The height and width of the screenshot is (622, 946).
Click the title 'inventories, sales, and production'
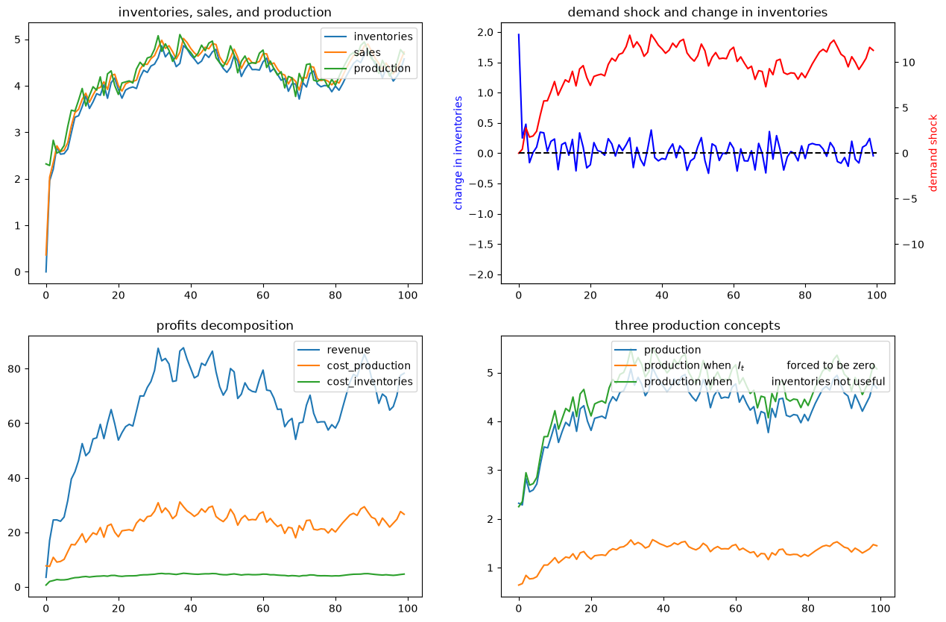[224, 12]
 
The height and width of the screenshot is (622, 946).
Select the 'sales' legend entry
[367, 52]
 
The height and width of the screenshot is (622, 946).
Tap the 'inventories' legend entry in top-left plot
[383, 37]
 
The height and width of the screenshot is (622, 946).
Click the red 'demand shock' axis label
[933, 153]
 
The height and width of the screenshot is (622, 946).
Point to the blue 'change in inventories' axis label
[458, 153]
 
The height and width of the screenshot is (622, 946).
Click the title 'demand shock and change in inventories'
[697, 12]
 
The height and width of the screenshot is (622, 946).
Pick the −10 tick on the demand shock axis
[913, 245]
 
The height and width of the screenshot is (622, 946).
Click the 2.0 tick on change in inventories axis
[485, 32]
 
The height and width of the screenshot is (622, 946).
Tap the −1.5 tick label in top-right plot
[481, 244]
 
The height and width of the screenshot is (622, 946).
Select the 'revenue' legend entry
[348, 350]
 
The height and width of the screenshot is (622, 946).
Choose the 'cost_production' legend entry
[369, 366]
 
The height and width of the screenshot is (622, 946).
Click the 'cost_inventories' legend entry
[370, 382]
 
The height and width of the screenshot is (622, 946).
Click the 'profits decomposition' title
[224, 325]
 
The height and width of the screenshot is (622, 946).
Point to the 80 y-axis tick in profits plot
[14, 369]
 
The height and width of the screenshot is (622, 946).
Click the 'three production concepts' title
[697, 325]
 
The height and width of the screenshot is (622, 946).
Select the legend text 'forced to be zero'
[830, 365]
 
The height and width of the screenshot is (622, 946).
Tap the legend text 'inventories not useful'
[828, 382]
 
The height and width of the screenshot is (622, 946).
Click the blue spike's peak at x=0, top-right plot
[519, 34]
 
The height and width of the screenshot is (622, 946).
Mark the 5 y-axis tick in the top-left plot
[17, 40]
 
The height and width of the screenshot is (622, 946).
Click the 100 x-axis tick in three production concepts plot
[880, 609]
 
